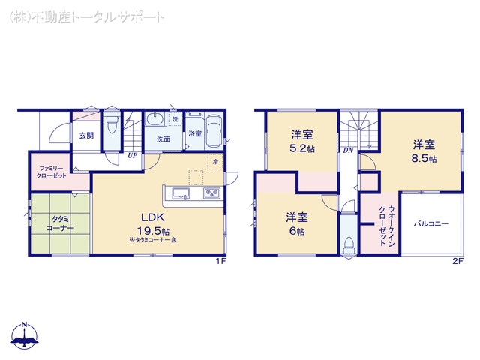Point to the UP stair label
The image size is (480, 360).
click(132, 156)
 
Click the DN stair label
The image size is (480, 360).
click(348, 151)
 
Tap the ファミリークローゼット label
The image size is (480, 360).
click(51, 171)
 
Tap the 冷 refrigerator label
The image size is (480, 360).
click(214, 161)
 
